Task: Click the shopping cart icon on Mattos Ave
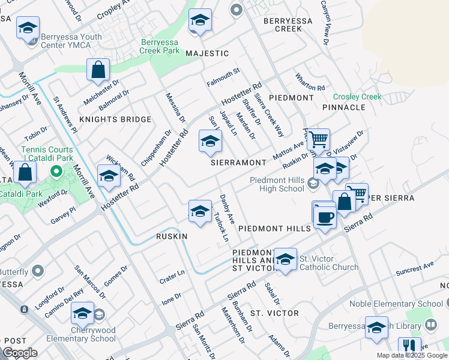pyautogui.click(x=318, y=140)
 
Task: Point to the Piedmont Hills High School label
pyautogui.click(x=277, y=184)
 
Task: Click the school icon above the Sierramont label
pyautogui.click(x=209, y=142)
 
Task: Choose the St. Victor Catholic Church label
pyautogui.click(x=329, y=263)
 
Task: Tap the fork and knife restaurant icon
pyautogui.click(x=409, y=346)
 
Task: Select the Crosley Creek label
pyautogui.click(x=357, y=97)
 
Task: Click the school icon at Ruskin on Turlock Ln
pyautogui.click(x=200, y=211)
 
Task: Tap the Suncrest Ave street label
pyautogui.click(x=414, y=269)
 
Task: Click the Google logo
pyautogui.click(x=20, y=352)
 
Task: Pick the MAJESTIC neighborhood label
pyautogui.click(x=207, y=53)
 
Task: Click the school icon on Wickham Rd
pyautogui.click(x=109, y=176)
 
